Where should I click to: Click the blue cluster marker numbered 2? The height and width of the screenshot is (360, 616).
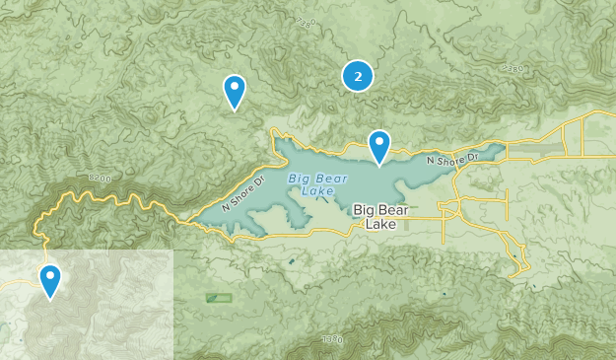[357, 75]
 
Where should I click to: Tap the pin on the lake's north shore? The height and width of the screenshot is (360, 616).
[379, 146]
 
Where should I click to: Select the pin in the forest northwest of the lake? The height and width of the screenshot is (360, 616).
[235, 91]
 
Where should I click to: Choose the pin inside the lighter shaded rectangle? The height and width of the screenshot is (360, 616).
[49, 280]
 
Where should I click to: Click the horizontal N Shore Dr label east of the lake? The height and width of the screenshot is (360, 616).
[451, 158]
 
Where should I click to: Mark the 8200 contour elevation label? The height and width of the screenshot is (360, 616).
[100, 178]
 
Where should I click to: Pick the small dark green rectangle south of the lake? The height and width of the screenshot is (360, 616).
[219, 297]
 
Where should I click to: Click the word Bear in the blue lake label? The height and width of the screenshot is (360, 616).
[328, 178]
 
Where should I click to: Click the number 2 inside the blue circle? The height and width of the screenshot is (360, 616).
[357, 75]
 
